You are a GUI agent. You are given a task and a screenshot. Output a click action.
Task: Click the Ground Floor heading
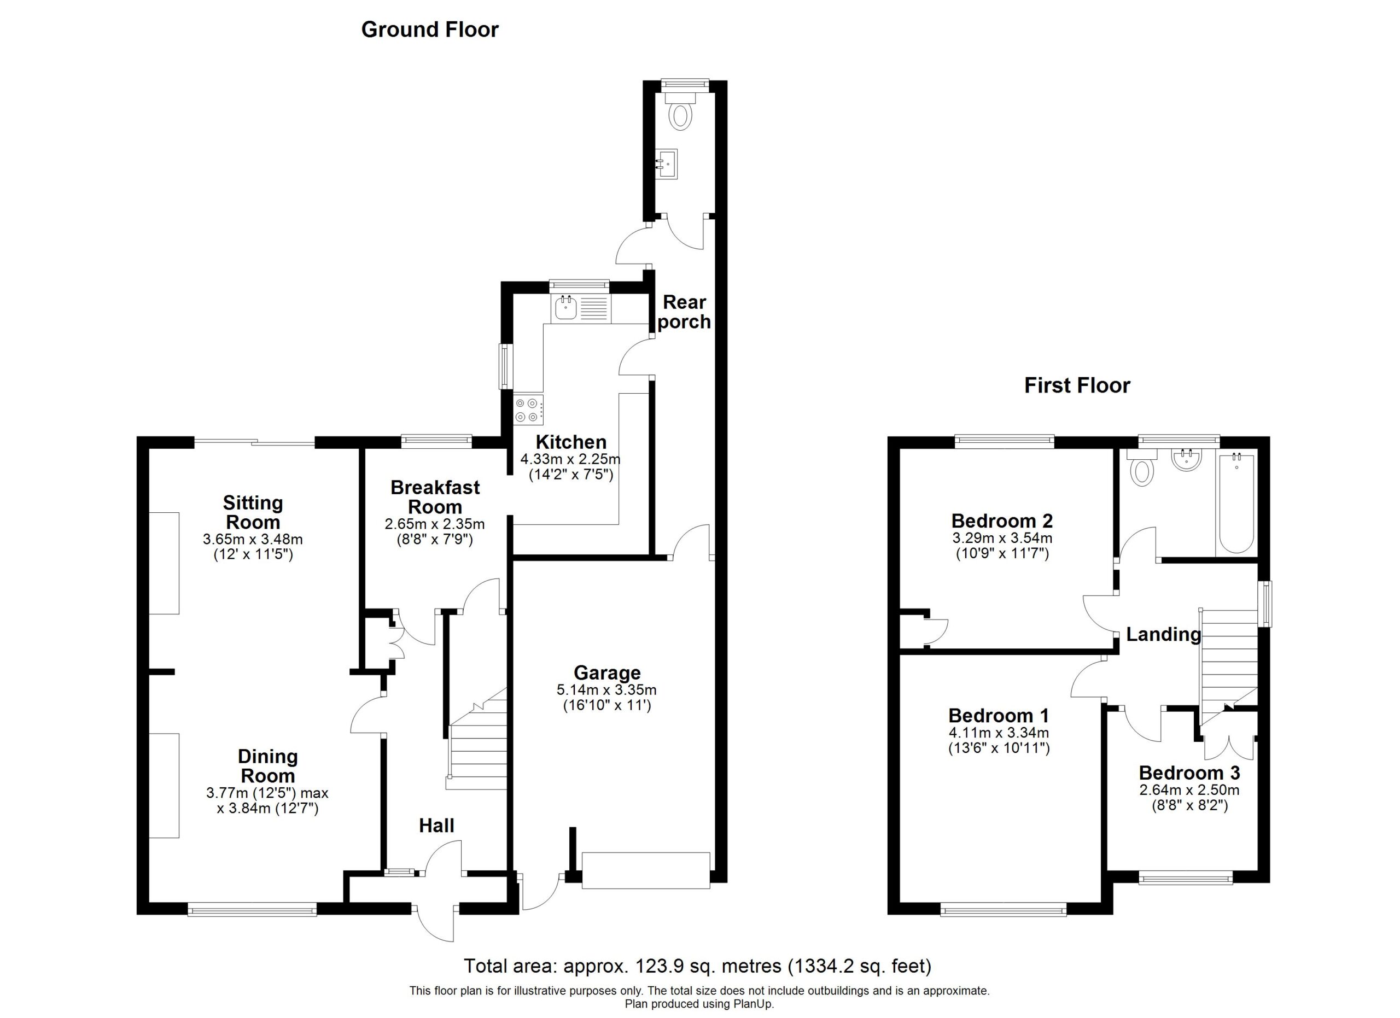point(430,30)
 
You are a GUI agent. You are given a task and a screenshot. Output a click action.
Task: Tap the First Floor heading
point(1077,385)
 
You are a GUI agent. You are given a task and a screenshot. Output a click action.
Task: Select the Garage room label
point(608,672)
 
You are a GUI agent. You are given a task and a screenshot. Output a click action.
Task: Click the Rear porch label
point(684,312)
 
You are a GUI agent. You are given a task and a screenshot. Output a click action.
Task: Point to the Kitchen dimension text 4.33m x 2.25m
point(570,459)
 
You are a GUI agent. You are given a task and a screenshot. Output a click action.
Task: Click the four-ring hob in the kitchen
point(528,409)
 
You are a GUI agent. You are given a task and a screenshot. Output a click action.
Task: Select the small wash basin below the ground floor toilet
point(667,164)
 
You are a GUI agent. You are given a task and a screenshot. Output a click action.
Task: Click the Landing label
point(1164,634)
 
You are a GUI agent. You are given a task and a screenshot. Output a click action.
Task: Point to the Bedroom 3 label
point(1189,773)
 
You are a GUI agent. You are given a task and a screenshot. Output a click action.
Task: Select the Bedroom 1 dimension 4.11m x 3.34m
point(999,733)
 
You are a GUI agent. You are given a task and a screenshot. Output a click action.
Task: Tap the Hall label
point(436,826)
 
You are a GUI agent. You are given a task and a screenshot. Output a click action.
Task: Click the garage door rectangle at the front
point(646,870)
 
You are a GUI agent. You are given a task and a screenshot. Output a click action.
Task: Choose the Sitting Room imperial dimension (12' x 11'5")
point(253,554)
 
